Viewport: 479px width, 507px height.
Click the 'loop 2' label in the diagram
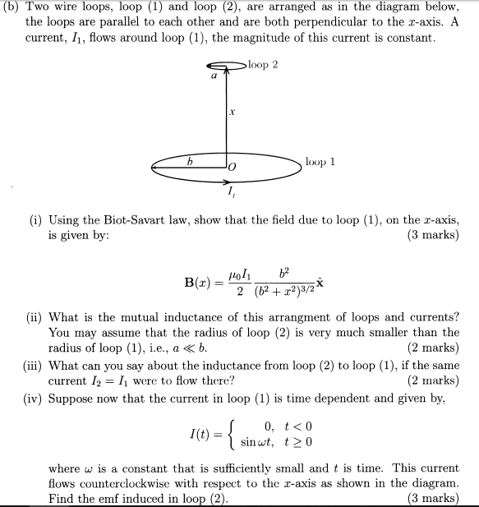pos(265,64)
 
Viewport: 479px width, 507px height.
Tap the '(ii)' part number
pos(35,317)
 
